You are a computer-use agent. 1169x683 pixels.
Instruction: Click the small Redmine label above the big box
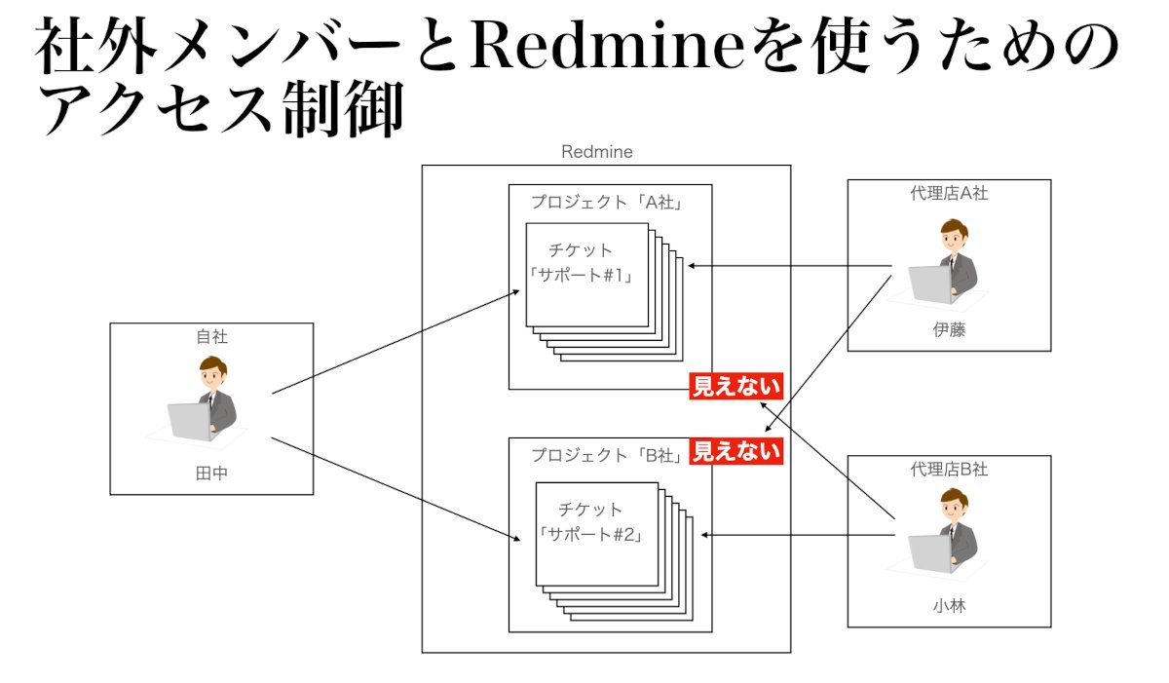pyautogui.click(x=597, y=152)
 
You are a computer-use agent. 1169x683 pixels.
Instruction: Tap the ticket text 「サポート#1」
pyautogui.click(x=583, y=275)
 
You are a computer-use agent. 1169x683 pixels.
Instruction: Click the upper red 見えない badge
pyautogui.click(x=736, y=387)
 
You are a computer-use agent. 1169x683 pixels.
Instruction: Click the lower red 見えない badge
pyautogui.click(x=736, y=451)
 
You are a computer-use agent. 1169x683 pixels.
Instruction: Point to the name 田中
pyautogui.click(x=211, y=474)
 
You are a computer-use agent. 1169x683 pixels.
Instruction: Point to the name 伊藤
pyautogui.click(x=949, y=330)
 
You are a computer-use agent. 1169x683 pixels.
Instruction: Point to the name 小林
pyautogui.click(x=949, y=606)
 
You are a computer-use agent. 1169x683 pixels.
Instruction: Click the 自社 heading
pyautogui.click(x=211, y=337)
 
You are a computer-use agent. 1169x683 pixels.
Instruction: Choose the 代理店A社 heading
pyautogui.click(x=949, y=193)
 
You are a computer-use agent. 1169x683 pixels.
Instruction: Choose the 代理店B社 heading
pyautogui.click(x=949, y=469)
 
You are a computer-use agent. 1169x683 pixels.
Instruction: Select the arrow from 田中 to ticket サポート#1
pyautogui.click(x=395, y=342)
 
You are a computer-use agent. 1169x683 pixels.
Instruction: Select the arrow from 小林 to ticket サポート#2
pyautogui.click(x=799, y=534)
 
